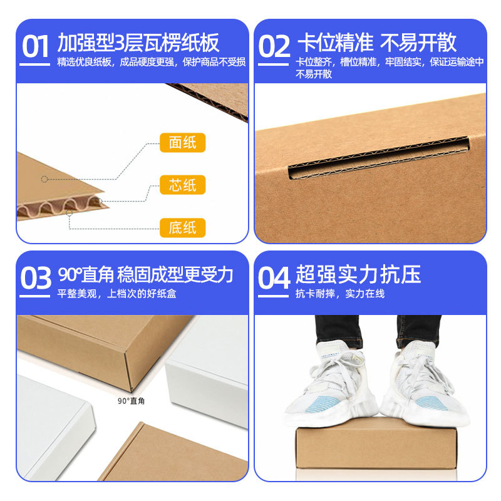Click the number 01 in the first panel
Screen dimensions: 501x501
tap(35, 46)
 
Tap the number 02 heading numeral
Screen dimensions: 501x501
tap(274, 46)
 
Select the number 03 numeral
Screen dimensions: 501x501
tap(36, 278)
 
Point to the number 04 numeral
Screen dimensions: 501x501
tap(274, 278)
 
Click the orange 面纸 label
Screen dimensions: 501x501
tap(182, 143)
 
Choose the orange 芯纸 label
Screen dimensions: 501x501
tap(182, 185)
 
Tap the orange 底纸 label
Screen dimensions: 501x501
tap(182, 228)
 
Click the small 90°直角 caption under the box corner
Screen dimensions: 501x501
tap(131, 401)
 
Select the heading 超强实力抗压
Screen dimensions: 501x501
tap(358, 274)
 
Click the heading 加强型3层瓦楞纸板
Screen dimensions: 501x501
tap(138, 43)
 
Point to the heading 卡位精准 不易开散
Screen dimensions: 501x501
tap(377, 43)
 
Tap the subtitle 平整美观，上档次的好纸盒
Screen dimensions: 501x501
tap(116, 294)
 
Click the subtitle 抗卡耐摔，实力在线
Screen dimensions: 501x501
tap(340, 294)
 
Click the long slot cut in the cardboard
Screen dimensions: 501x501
tap(379, 158)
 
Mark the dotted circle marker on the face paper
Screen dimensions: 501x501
tap(44, 179)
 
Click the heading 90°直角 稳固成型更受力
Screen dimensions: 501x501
tap(146, 274)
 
